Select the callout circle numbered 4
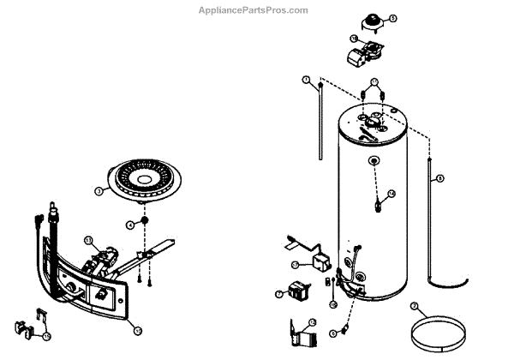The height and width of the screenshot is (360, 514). pyautogui.click(x=131, y=224)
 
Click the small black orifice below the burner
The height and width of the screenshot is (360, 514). pyautogui.click(x=146, y=220)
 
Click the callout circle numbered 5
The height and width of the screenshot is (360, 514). pyautogui.click(x=393, y=17)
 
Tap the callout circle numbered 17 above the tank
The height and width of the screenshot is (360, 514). pyautogui.click(x=374, y=82)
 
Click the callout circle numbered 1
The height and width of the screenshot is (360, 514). pyautogui.click(x=306, y=80)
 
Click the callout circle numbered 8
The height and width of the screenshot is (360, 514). pyautogui.click(x=440, y=177)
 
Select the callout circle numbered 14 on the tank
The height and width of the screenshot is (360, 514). pyautogui.click(x=391, y=194)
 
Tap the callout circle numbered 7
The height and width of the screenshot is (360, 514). pyautogui.click(x=279, y=293)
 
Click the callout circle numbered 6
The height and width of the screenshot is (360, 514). pyautogui.click(x=414, y=305)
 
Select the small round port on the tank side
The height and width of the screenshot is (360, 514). pyautogui.click(x=374, y=160)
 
